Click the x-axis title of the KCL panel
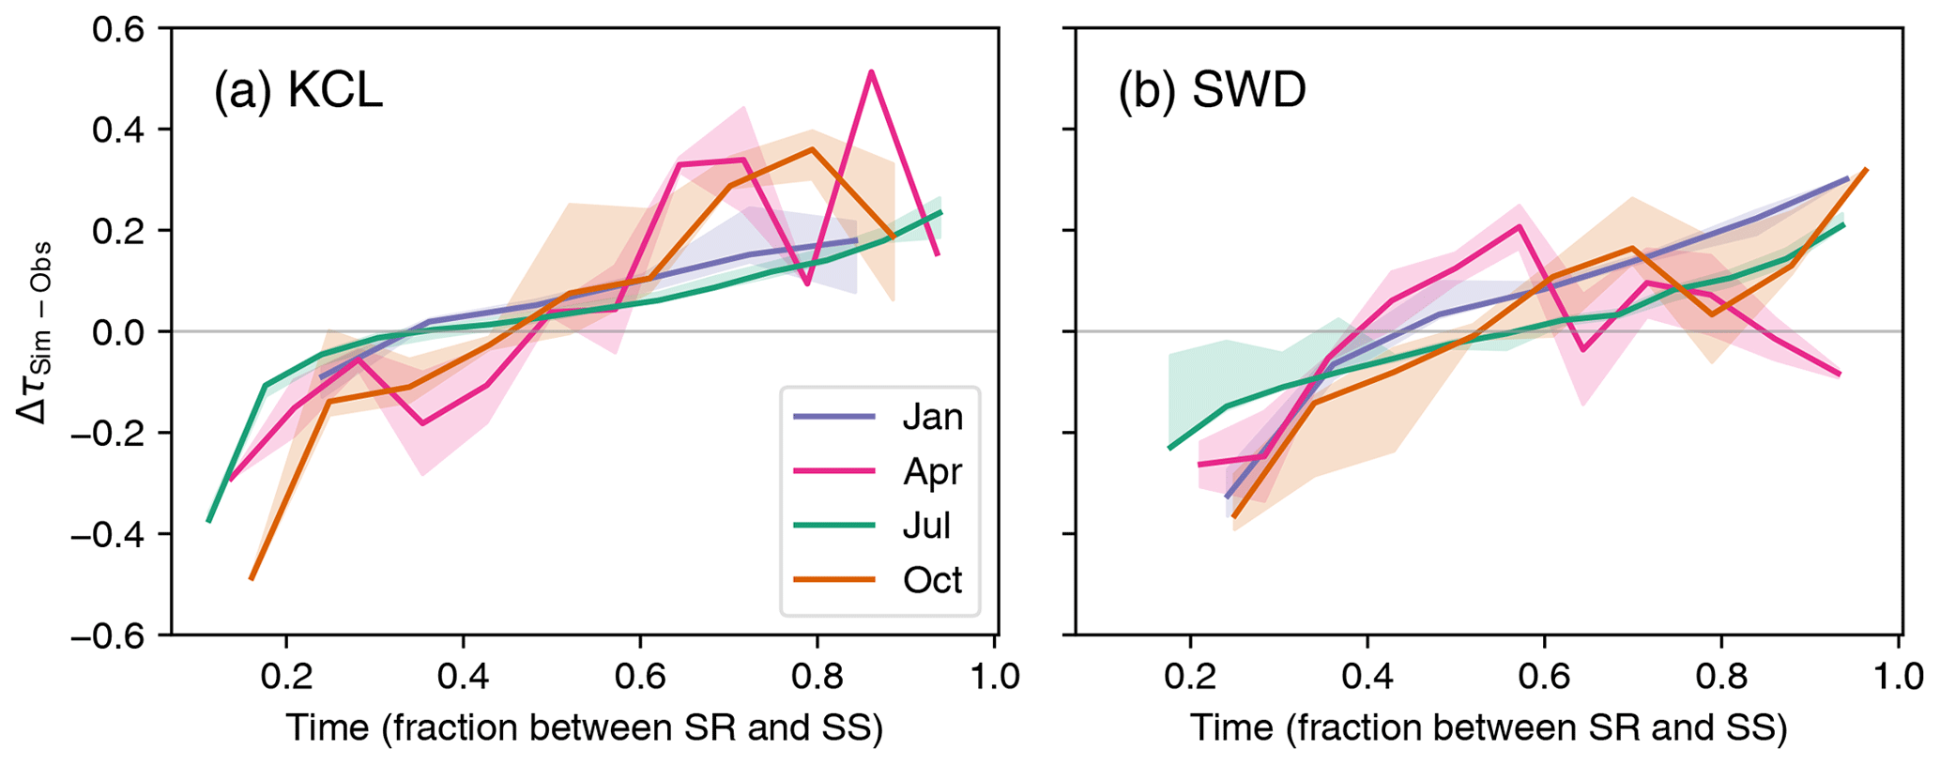point(584,728)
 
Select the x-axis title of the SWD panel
point(1489,728)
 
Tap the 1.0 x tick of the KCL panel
point(994,676)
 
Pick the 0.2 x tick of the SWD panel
point(1190,676)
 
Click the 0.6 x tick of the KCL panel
point(640,676)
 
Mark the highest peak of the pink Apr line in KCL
point(872,71)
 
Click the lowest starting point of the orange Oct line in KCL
point(251,579)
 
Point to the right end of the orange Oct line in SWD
point(1867,170)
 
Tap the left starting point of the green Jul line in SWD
point(1169,449)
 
